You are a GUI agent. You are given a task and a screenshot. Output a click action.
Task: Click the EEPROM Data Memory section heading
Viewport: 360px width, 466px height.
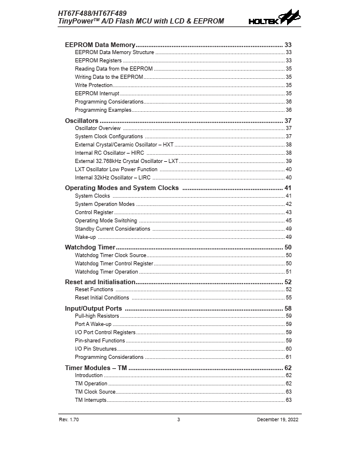[x=100, y=45]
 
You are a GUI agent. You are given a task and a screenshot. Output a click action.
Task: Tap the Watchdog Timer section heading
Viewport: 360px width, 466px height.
[x=89, y=247]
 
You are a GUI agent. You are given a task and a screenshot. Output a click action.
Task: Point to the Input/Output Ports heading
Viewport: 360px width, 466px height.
[x=94, y=308]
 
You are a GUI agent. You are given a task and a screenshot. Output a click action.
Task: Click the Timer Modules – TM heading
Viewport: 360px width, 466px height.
[x=96, y=368]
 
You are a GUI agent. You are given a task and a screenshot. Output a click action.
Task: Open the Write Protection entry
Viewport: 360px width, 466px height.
[x=94, y=85]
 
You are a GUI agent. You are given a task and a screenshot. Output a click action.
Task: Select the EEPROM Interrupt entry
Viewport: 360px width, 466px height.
[x=97, y=94]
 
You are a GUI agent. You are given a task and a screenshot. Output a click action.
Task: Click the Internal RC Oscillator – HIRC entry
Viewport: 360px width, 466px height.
[x=109, y=153]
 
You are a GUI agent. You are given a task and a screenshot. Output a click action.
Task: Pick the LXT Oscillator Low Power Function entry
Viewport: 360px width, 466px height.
[x=116, y=169]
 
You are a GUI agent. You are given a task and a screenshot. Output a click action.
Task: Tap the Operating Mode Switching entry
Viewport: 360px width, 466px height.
[x=106, y=221]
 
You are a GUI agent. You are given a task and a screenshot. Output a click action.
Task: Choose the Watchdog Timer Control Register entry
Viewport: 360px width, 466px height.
[x=114, y=264]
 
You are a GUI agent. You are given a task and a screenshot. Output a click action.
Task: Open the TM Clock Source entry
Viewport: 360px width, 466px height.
[x=95, y=392]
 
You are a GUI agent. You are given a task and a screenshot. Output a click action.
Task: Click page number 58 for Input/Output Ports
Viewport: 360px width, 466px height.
[x=288, y=308]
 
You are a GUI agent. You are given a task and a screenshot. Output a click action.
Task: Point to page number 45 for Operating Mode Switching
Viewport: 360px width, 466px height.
[x=289, y=221]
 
